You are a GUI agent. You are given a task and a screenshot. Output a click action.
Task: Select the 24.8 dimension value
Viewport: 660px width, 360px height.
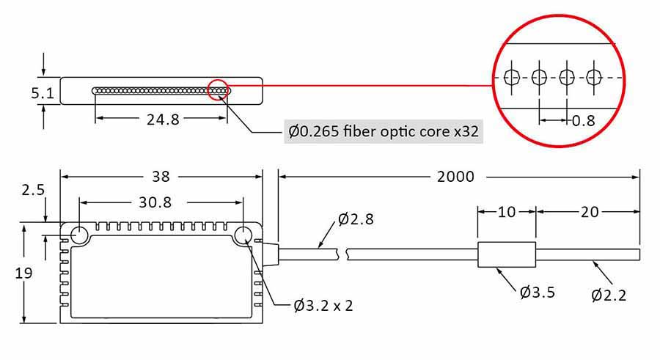point(162,120)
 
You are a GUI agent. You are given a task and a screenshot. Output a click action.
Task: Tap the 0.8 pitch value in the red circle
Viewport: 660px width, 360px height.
point(583,120)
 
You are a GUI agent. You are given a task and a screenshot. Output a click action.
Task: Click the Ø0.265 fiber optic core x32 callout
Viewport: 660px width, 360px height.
point(382,133)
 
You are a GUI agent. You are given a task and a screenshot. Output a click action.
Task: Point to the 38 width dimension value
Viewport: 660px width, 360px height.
point(160,177)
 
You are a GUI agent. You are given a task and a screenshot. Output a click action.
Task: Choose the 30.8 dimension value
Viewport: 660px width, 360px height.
point(161,202)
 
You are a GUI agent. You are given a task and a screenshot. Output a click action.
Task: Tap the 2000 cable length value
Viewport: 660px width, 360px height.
point(455,177)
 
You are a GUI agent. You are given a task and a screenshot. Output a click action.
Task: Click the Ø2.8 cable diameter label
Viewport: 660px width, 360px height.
point(356,219)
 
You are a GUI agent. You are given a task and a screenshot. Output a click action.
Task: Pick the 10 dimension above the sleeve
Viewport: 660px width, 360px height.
point(507,212)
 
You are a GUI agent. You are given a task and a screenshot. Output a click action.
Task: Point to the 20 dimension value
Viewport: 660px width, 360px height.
point(589,212)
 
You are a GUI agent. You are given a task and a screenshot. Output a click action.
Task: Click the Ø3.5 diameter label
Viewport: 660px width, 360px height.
point(538,293)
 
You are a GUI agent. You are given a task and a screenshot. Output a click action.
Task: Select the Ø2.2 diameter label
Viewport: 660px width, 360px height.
point(609,295)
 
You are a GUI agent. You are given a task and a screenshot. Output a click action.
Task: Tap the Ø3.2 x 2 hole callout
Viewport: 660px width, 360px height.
point(323,305)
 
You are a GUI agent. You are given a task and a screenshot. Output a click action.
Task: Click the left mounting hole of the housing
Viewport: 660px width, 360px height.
point(78,235)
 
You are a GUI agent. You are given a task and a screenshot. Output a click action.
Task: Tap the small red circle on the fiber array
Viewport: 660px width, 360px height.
point(219,90)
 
